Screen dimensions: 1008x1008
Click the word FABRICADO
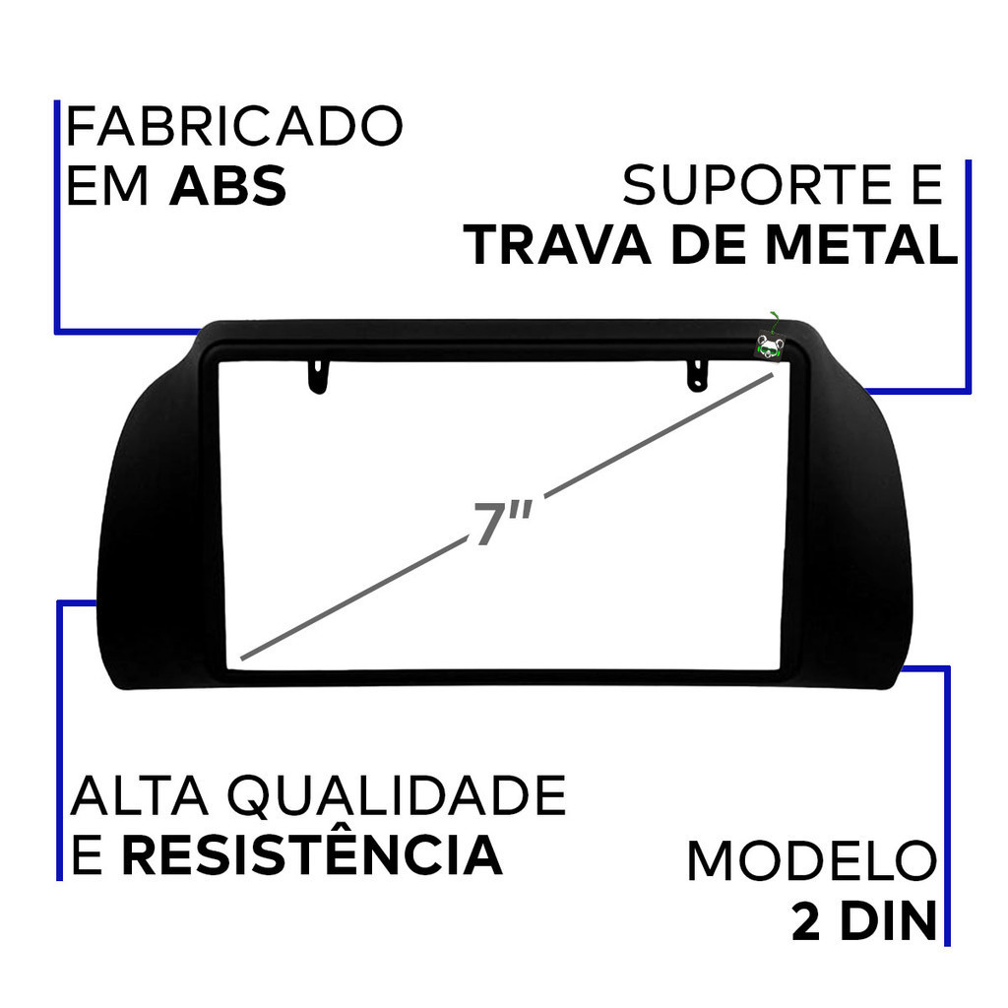(x=234, y=127)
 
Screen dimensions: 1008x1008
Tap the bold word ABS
(x=228, y=186)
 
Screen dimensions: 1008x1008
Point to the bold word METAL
(x=860, y=245)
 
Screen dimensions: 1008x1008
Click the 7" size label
(x=503, y=522)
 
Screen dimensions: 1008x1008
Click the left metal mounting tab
(x=318, y=376)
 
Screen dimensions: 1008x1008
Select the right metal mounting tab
(x=698, y=375)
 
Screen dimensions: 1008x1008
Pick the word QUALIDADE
(x=397, y=796)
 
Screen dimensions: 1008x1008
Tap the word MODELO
(x=812, y=860)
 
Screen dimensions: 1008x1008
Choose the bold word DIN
(x=889, y=920)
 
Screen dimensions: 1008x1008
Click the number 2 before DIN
(x=806, y=920)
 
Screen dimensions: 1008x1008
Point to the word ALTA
(x=140, y=795)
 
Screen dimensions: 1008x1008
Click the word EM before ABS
(x=107, y=186)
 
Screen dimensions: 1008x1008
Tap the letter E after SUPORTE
(x=927, y=185)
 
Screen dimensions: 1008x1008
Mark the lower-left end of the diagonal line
(x=242, y=659)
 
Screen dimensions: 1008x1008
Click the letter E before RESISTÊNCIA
(x=87, y=855)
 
